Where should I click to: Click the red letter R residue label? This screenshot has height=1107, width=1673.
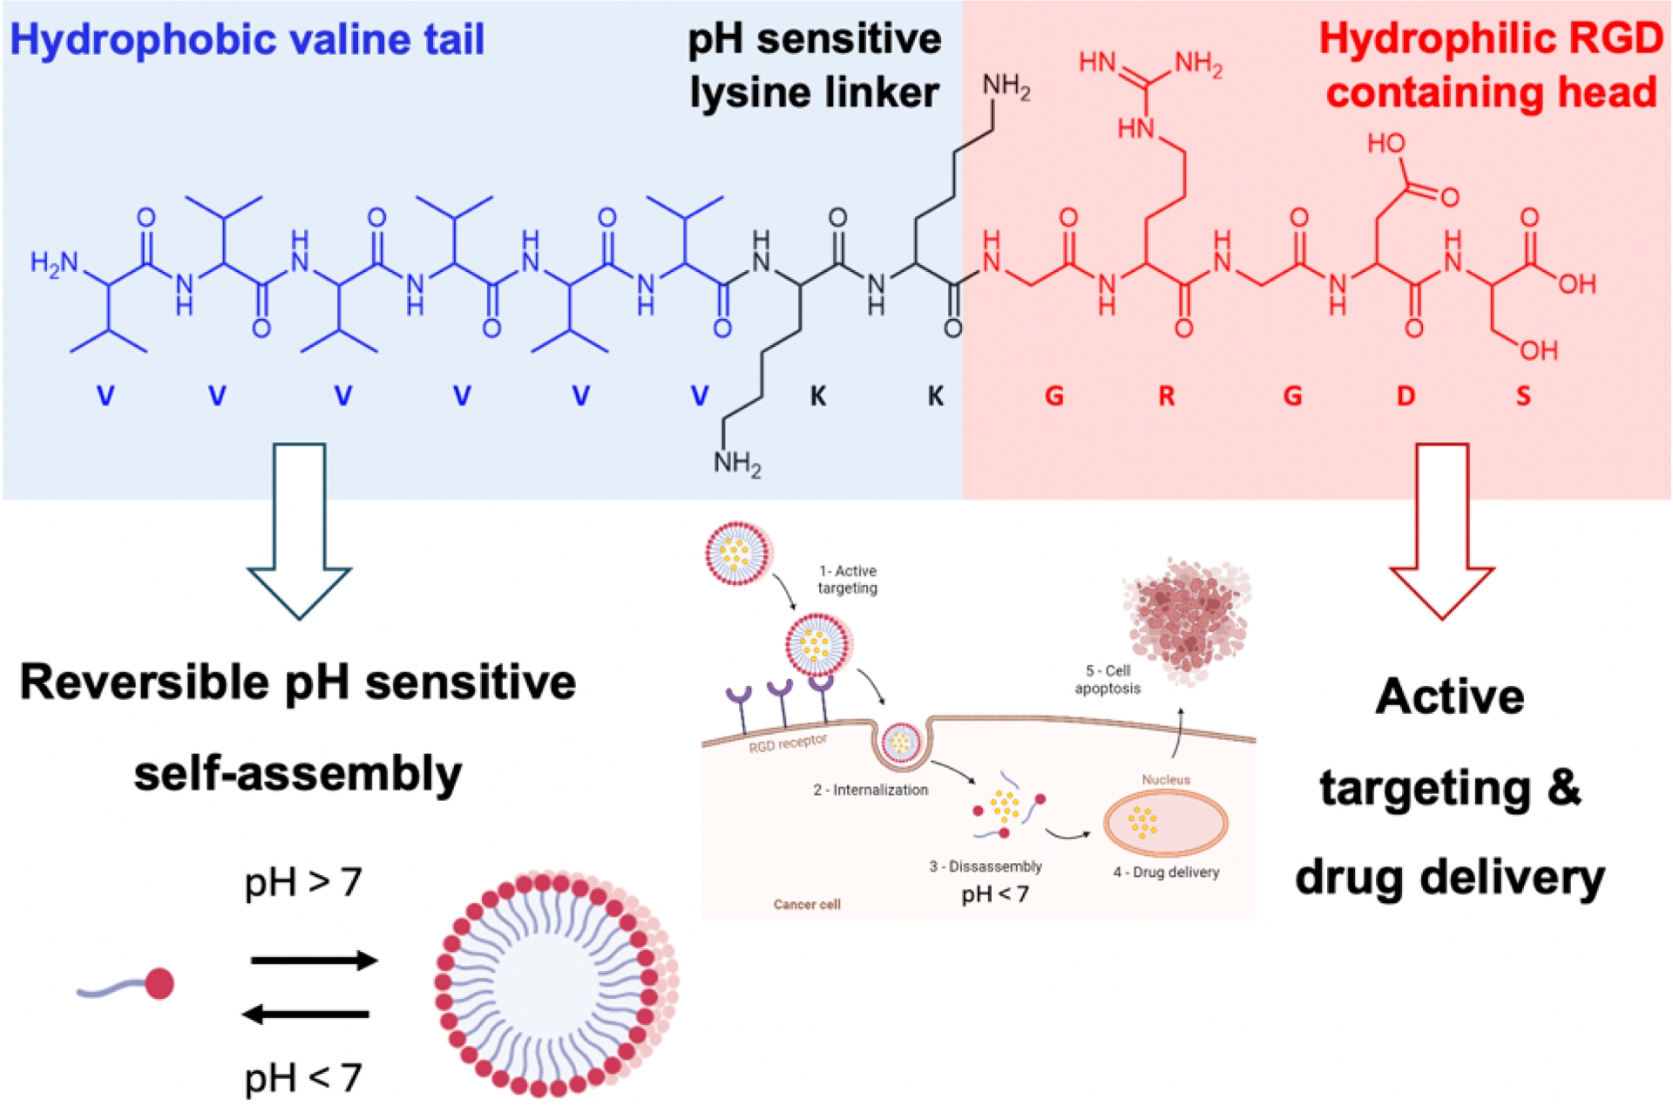tap(1166, 397)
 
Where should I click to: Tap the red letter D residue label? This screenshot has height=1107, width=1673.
tap(1405, 397)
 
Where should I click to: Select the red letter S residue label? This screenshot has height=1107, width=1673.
tap(1523, 397)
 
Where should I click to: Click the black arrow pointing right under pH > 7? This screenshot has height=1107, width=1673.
tap(314, 961)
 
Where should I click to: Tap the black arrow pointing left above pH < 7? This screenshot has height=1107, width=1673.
tap(306, 1014)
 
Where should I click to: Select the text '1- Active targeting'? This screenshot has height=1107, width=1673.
tap(847, 580)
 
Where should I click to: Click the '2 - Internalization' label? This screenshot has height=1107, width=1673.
tap(870, 790)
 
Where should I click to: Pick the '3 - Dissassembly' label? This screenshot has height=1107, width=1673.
tap(986, 866)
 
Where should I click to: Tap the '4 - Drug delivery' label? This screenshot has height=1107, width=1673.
tap(1166, 872)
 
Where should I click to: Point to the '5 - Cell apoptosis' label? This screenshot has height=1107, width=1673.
tap(1107, 679)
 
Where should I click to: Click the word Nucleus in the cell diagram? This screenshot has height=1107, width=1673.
tap(1166, 779)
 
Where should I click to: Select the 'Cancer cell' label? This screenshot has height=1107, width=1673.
tap(807, 904)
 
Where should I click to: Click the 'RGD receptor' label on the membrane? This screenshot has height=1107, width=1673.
tap(788, 743)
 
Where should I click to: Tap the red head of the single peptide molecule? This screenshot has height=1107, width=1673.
tap(159, 983)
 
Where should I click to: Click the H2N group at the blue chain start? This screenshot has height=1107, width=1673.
tap(54, 263)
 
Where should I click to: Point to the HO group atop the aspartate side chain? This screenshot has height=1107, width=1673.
tap(1385, 144)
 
